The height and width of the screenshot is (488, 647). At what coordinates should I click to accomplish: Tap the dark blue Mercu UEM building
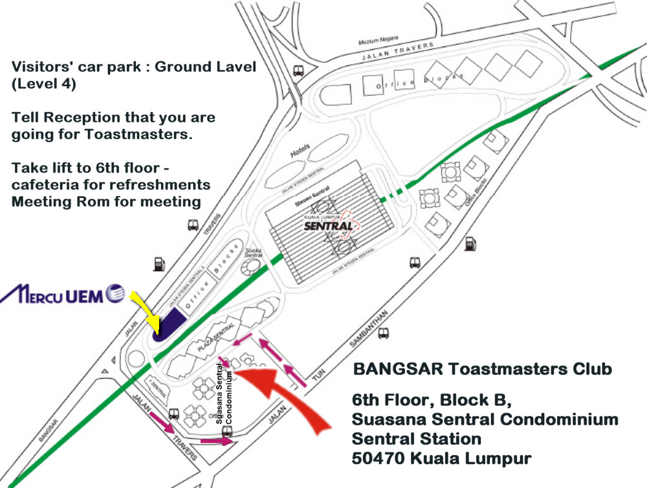pos(168,324)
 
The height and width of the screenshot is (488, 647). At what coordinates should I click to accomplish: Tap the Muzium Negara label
pos(377,42)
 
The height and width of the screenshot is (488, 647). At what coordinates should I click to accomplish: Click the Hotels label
pos(300,152)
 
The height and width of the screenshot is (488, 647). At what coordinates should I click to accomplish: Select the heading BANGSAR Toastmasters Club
pos(482,369)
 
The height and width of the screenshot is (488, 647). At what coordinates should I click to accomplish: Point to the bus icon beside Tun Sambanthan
pos(384,334)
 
